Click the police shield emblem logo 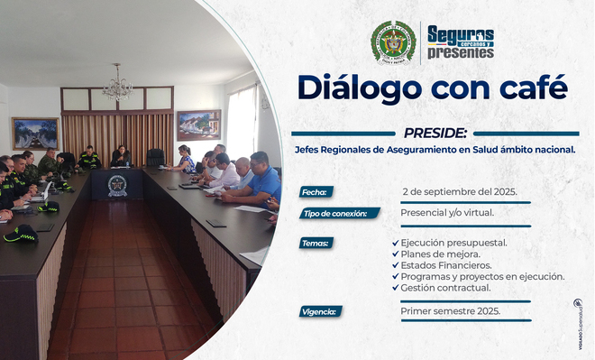coord(393,42)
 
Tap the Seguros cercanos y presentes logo coord(460,42)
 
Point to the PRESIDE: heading coord(435,132)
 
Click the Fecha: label coord(316,191)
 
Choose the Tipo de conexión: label coord(338,214)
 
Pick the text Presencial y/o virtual coord(447,214)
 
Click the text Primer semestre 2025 coord(450,310)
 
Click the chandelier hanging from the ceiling coord(117,88)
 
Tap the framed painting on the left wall coord(35,133)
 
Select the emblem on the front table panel coord(117,185)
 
